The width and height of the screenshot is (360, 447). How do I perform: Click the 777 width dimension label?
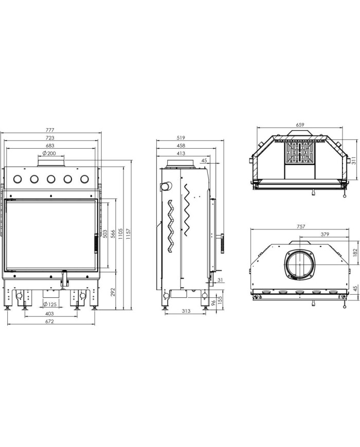coord(50,130)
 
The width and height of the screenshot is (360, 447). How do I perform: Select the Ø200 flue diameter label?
coord(49,153)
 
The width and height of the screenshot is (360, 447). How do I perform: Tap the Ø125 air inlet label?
coord(50,305)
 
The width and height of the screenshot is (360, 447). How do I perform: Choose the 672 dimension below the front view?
coord(49,321)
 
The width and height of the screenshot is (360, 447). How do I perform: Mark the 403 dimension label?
coord(49,314)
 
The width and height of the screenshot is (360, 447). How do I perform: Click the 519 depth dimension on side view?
coord(181,138)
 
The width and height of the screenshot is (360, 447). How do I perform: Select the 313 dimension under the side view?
coord(186,311)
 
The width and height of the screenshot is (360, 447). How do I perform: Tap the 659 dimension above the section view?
coord(300,124)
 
